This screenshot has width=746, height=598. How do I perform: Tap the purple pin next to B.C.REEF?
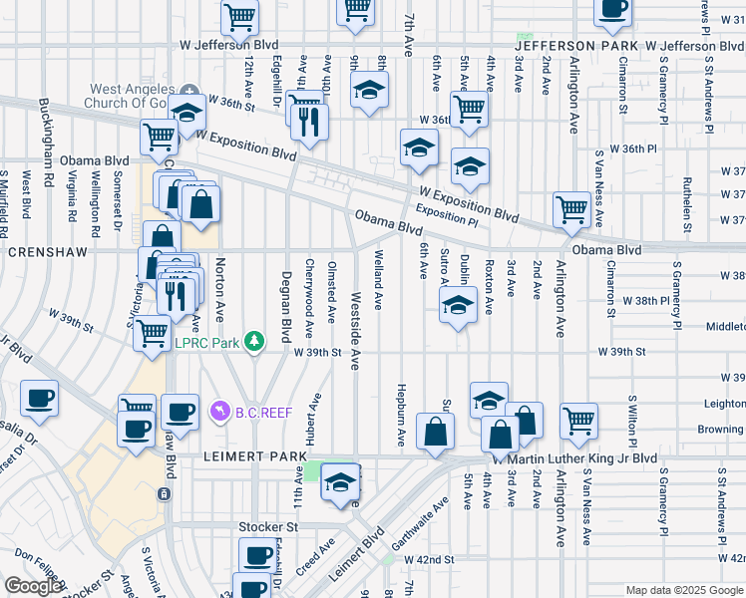point(220,410)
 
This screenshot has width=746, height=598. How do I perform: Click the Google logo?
point(34,586)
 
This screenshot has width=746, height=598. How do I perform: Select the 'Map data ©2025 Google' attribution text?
point(684,590)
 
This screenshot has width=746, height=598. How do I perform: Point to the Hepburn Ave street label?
point(400,415)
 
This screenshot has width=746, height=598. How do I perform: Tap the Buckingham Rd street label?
point(45,131)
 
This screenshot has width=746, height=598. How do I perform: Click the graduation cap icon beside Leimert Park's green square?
point(341,482)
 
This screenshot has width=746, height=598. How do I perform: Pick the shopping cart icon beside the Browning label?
point(578,422)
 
